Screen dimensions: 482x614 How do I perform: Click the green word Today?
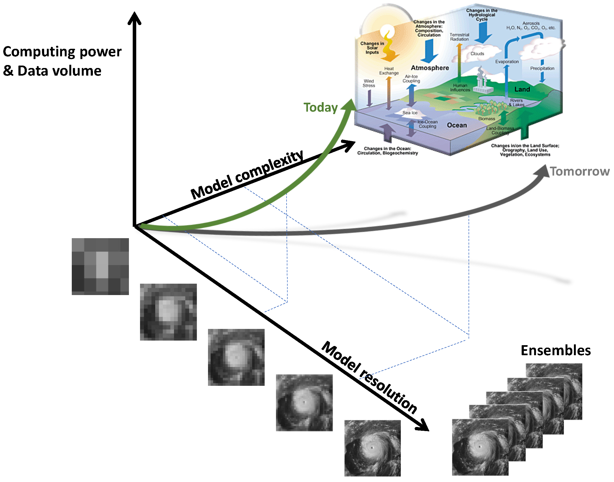[320, 108]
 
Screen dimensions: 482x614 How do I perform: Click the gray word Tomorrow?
[580, 172]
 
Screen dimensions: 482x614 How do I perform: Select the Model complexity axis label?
[247, 175]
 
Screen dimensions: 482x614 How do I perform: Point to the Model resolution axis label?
[369, 378]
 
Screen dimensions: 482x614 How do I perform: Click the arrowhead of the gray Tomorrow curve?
[543, 171]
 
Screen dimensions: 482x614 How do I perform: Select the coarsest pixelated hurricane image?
[100, 267]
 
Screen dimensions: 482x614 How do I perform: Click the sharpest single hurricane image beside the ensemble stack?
[373, 448]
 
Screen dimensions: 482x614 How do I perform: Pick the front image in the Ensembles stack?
[480, 447]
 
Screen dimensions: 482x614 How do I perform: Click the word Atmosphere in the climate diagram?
[430, 68]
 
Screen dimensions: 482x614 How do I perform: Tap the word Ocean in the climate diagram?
[457, 125]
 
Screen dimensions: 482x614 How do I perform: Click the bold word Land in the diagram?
[522, 89]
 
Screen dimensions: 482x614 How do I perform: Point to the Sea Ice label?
[410, 113]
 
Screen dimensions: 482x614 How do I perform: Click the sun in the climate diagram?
[387, 31]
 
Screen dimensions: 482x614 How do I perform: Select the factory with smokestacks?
[482, 83]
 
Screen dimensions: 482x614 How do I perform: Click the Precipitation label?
[542, 69]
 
